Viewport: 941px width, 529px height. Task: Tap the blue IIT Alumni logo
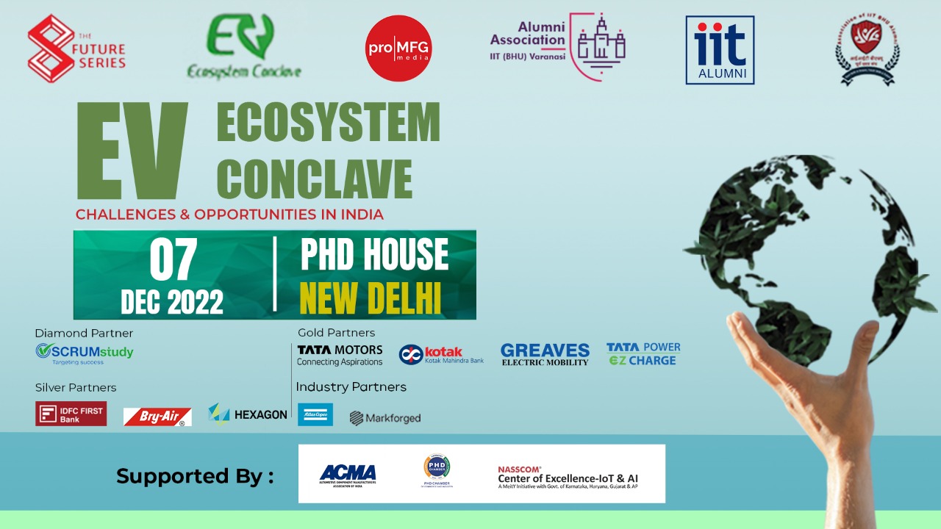[720, 50]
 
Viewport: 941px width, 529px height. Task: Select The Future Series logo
[76, 48]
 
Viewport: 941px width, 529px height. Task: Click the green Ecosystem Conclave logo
[243, 48]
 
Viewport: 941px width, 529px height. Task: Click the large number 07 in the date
[173, 262]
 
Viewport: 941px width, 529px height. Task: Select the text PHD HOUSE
[374, 255]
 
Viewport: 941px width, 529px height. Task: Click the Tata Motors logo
[340, 355]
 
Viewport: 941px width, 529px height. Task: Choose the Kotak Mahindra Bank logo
[441, 355]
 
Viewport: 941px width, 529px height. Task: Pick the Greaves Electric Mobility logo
[545, 354]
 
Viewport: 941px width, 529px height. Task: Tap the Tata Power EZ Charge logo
[643, 353]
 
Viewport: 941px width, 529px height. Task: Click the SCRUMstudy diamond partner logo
[85, 353]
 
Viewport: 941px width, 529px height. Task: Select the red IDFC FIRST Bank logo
[71, 414]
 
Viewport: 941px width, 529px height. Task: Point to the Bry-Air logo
[157, 417]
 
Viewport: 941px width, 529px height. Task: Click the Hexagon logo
[248, 414]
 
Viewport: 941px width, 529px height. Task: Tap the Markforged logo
[385, 418]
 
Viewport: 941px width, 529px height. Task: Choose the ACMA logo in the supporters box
[347, 474]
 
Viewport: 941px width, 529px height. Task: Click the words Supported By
[195, 476]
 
